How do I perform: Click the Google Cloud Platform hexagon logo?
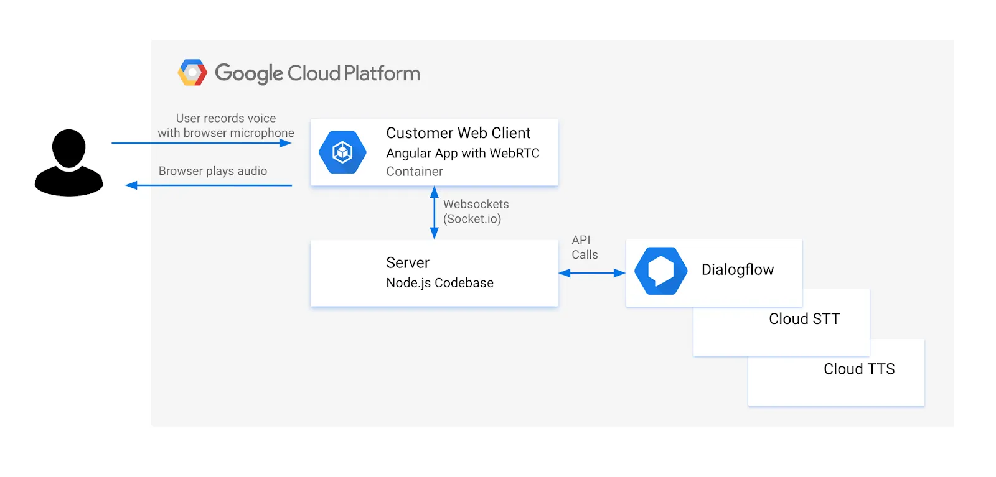192,72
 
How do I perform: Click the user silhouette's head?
69,149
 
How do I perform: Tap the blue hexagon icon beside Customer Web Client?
342,152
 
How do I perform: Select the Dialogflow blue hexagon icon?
660,271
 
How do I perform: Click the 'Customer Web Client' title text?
458,133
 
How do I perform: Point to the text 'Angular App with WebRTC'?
463,153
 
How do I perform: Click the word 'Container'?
415,172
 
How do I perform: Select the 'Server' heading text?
408,262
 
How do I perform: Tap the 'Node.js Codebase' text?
439,283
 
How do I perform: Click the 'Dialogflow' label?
738,269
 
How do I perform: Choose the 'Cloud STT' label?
804,319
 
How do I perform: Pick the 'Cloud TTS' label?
859,369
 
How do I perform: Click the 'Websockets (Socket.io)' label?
476,211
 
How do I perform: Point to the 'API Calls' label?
585,248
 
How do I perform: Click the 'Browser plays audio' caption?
212,171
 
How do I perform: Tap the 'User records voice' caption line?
225,118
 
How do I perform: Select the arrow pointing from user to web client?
202,143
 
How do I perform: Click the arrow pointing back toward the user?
209,185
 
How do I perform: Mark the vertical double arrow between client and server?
435,213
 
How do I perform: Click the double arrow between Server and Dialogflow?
592,273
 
